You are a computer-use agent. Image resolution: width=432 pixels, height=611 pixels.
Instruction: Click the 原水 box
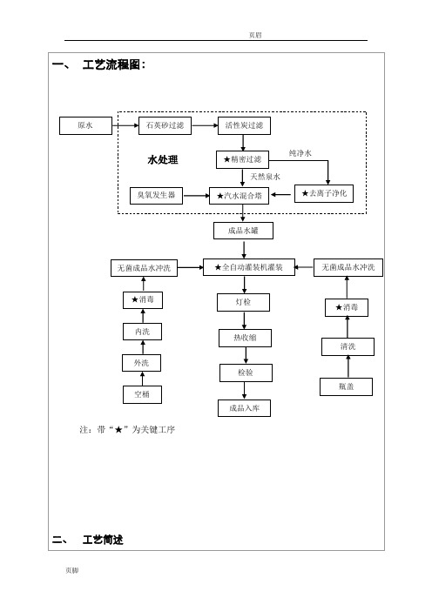tap(85, 125)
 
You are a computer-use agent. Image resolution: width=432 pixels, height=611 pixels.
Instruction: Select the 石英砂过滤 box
tap(165, 125)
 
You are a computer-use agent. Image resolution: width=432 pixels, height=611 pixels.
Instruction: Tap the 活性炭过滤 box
tap(244, 125)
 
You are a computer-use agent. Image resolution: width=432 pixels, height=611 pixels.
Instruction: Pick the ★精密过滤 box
tap(242, 159)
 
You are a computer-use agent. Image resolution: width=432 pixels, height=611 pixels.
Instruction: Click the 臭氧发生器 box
tap(156, 195)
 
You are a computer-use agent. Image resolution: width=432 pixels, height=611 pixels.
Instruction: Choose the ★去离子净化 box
tap(324, 193)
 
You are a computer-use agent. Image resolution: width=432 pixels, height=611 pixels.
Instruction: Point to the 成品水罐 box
tap(243, 231)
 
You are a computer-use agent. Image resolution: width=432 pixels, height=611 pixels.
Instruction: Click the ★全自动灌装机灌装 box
tap(249, 267)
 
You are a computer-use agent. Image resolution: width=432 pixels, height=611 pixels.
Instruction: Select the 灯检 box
tap(243, 302)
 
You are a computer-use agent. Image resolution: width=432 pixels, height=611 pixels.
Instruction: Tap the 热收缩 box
tap(246, 338)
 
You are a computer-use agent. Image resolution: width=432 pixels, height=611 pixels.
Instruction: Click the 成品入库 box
tap(244, 408)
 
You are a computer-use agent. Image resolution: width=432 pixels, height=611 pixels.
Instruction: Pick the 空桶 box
tap(142, 394)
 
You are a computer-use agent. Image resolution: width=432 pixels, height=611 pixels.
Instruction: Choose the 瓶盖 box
tap(347, 386)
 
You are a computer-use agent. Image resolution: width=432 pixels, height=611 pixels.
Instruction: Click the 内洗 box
tap(142, 332)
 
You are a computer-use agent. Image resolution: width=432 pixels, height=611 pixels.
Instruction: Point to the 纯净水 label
tap(300, 153)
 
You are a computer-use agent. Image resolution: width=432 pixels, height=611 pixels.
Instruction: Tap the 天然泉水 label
tap(265, 177)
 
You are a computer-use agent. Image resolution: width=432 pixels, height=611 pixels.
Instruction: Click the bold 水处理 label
tap(163, 160)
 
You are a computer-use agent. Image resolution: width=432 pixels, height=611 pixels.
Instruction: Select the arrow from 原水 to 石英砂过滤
tap(125, 125)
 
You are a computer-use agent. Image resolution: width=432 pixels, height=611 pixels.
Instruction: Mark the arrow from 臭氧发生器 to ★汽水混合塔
tap(196, 195)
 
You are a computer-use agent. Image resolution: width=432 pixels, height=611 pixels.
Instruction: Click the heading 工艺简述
tap(103, 540)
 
